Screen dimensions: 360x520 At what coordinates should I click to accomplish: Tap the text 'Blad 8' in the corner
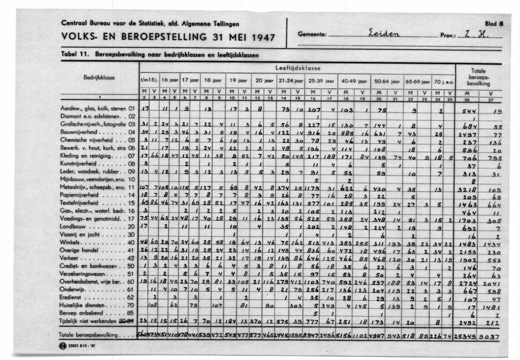(495, 23)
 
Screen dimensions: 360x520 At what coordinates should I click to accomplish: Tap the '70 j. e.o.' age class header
(443, 81)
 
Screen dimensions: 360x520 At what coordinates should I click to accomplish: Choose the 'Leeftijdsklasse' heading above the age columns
(297, 68)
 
